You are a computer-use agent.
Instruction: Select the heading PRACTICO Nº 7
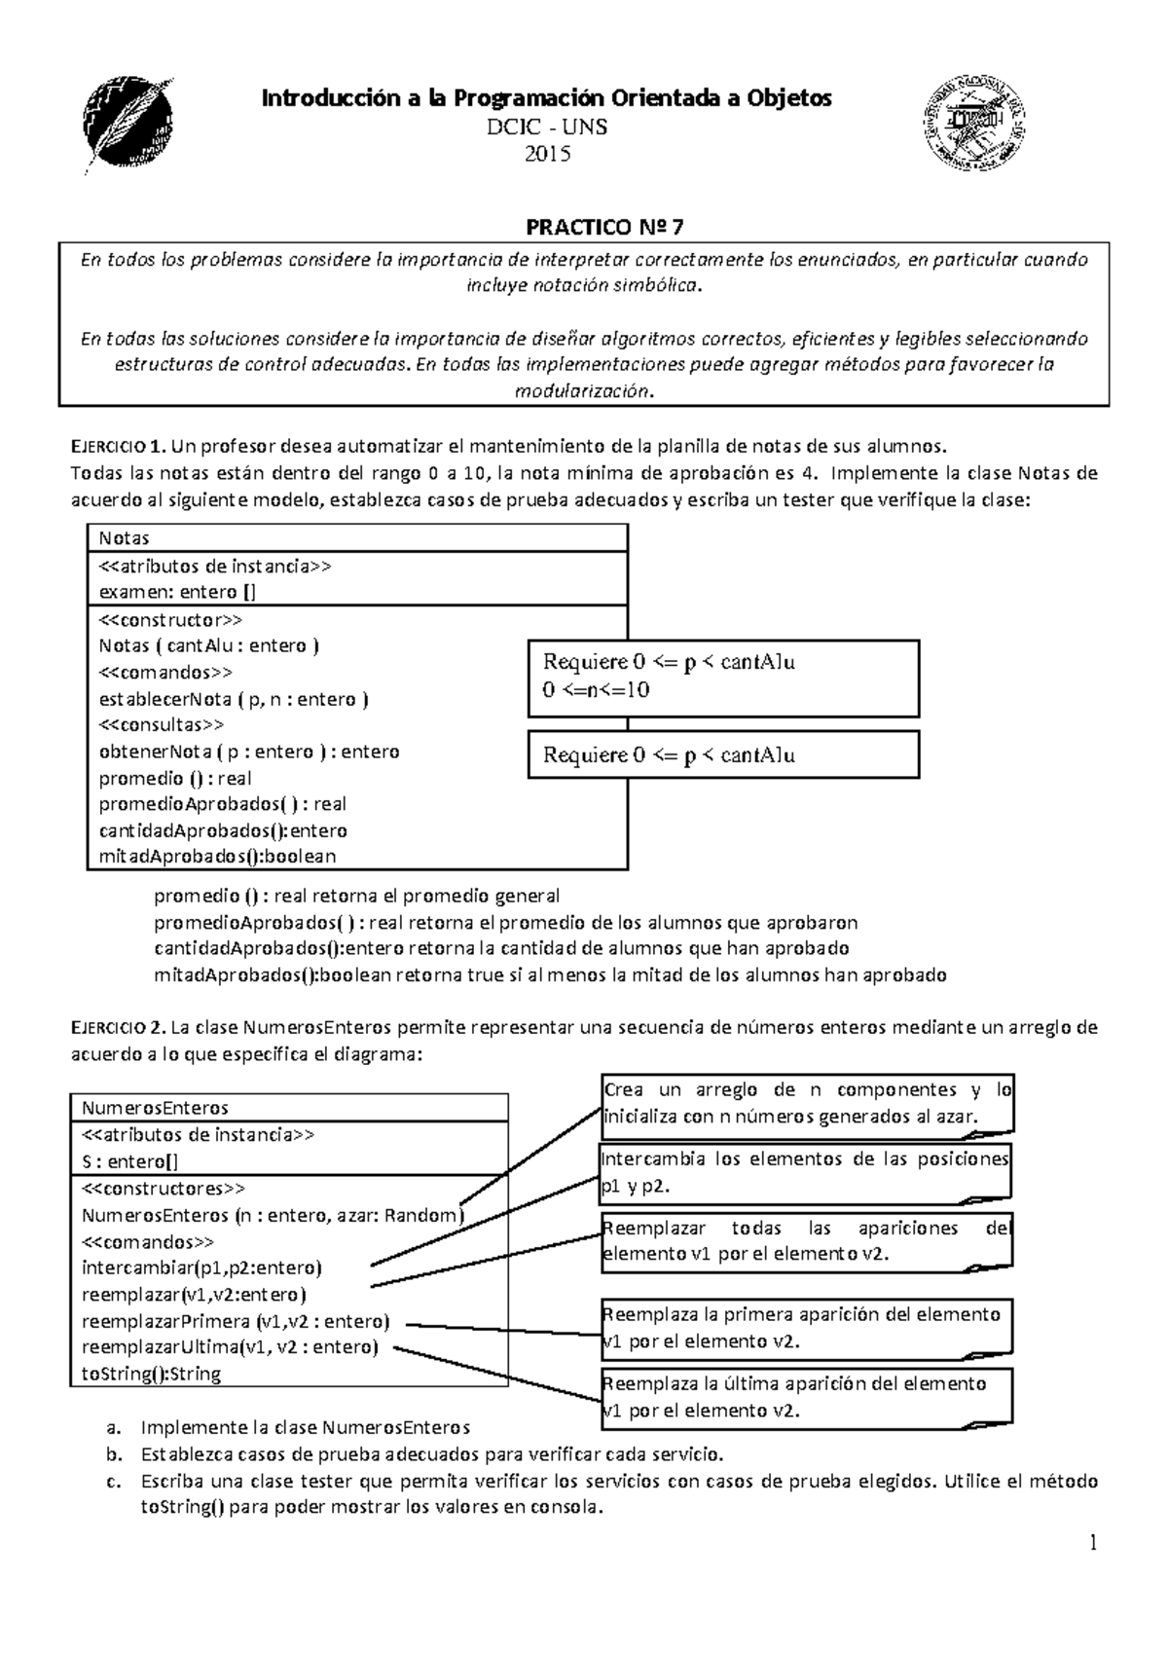(604, 228)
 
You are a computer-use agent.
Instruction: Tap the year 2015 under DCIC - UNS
(548, 154)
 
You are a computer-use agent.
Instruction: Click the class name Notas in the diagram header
(125, 538)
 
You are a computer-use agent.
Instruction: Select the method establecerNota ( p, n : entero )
(234, 699)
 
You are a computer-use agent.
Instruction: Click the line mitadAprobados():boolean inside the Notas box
(217, 857)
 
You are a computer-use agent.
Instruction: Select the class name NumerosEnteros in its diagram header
(156, 1108)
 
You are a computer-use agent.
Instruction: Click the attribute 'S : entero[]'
(129, 1161)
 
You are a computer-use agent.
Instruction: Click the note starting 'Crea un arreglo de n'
(807, 1103)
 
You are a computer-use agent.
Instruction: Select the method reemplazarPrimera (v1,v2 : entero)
(236, 1321)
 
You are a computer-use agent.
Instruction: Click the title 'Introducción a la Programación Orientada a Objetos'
(548, 98)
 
